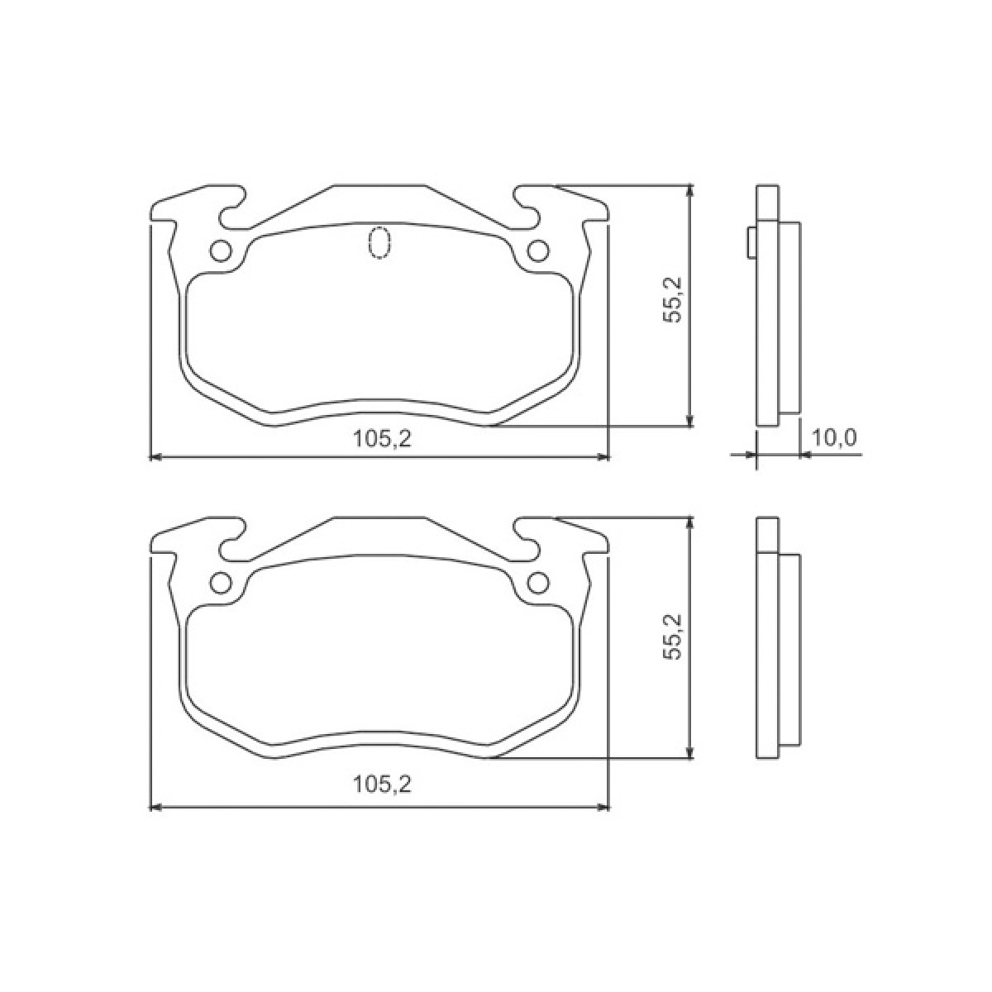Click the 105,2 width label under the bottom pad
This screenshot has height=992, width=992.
click(382, 784)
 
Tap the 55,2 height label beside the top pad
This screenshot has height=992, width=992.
click(673, 299)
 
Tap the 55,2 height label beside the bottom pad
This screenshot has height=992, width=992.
click(673, 635)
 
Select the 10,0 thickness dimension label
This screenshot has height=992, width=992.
click(833, 438)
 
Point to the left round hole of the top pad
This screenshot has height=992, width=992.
click(221, 250)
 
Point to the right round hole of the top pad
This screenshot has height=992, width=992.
click(538, 250)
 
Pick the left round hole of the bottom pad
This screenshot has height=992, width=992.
click(221, 583)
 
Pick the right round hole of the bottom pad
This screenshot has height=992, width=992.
click(538, 583)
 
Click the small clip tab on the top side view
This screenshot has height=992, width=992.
click(751, 241)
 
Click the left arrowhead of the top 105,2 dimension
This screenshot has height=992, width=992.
click(154, 455)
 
